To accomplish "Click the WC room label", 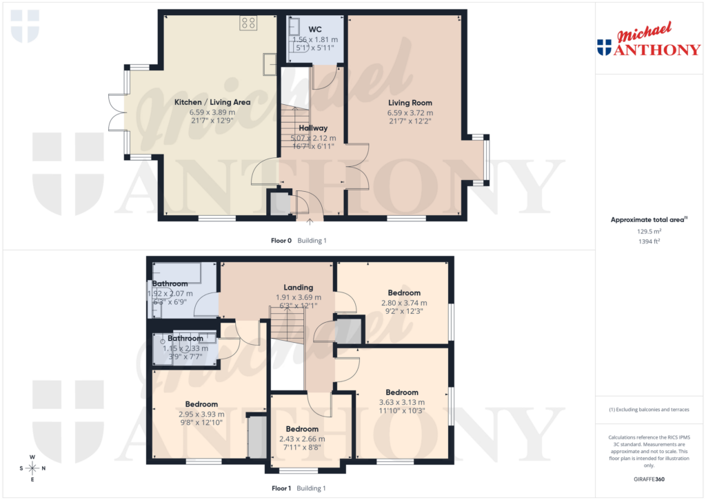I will click(315, 29).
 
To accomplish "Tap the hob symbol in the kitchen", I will click(248, 23).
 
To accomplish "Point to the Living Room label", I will click(410, 102).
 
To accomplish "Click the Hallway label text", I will click(313, 128).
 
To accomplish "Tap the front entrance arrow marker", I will click(310, 221).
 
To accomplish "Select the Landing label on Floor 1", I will click(299, 287).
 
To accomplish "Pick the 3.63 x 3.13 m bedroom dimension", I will click(402, 402).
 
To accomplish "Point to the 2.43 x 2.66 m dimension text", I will click(302, 439).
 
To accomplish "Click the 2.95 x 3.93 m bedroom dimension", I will click(201, 414).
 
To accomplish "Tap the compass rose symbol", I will click(32, 468).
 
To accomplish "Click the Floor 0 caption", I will click(281, 241).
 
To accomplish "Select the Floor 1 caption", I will click(281, 488).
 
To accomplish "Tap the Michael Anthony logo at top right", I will click(649, 42).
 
